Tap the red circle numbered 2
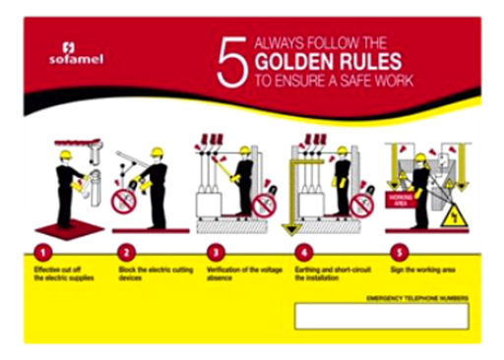pos(126,251)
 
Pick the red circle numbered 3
pos(214,251)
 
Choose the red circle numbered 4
pos(302,251)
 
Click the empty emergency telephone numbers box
pos(381,315)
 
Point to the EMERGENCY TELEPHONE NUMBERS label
pos(416,296)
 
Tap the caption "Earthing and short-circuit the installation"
pos(332,273)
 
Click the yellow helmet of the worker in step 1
pos(66,154)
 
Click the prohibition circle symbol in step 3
pos(263,206)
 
